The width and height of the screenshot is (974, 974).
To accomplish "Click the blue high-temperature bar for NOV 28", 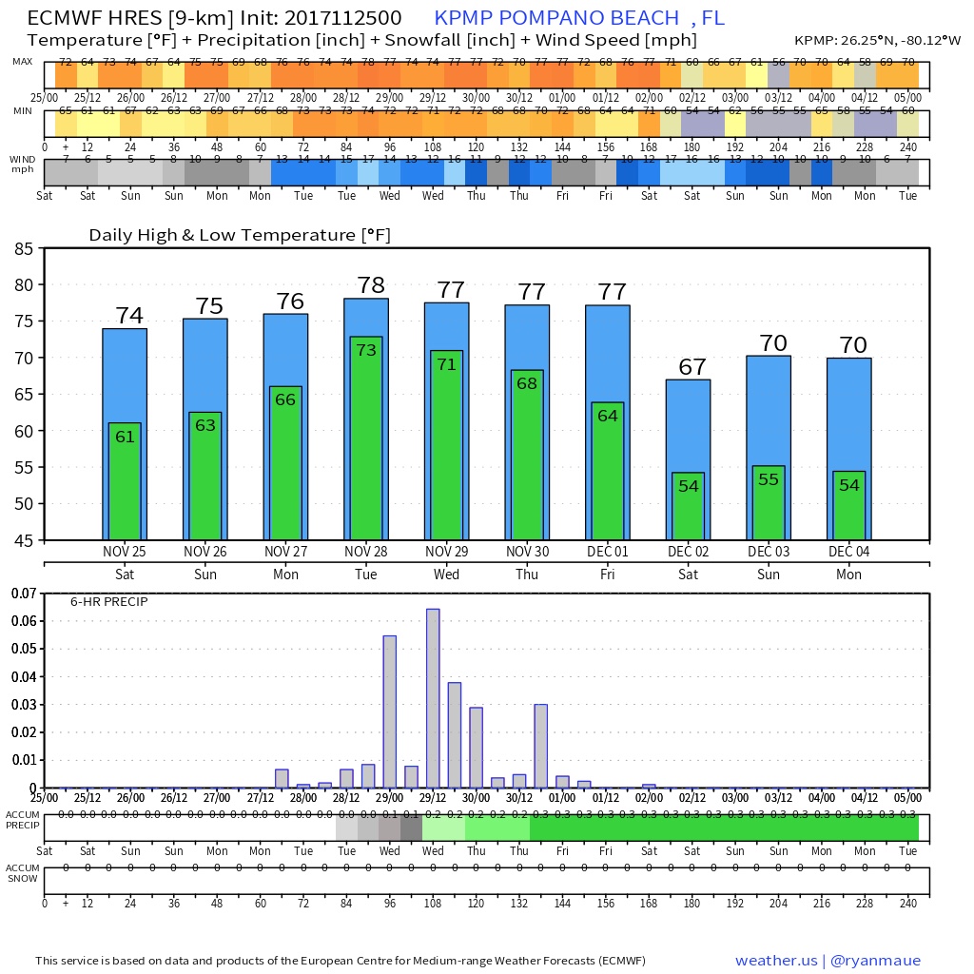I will click(365, 318).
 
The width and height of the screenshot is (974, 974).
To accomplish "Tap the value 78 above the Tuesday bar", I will click(370, 285).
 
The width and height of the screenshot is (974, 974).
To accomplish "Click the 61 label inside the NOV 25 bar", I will click(125, 437).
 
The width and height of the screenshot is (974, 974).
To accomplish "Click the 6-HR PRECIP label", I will click(109, 602).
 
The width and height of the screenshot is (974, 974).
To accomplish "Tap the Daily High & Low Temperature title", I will click(240, 235).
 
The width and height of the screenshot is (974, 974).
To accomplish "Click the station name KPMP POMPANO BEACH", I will click(552, 18).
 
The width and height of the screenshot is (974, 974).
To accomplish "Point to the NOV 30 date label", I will click(527, 552).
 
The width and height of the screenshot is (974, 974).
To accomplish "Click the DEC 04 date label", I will click(848, 552).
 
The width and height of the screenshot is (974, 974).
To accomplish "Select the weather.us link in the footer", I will click(778, 961).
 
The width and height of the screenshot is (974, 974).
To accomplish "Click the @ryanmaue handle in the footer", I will click(875, 961).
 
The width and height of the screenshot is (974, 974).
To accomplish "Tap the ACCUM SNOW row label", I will click(22, 872).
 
